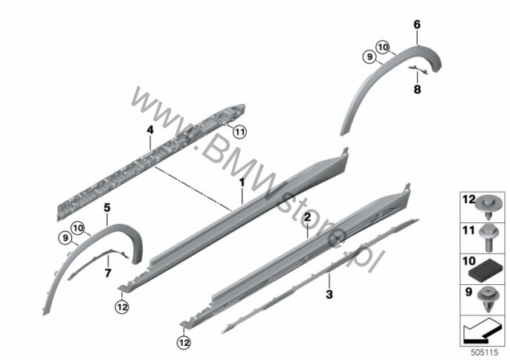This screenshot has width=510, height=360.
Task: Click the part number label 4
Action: click(150, 130)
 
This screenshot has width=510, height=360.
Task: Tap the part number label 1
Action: click(242, 183)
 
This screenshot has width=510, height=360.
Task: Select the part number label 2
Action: click(308, 217)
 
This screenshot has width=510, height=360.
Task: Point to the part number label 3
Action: click(329, 295)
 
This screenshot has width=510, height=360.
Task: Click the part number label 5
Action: click(107, 208)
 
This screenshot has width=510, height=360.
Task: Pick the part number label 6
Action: click(417, 25)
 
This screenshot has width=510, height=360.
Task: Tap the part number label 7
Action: click(108, 273)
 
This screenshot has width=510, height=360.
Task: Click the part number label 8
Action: click(417, 89)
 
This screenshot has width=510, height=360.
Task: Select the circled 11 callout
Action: click(239, 132)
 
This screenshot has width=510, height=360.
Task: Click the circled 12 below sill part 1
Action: click(122, 307)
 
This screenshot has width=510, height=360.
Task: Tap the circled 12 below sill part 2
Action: click(184, 342)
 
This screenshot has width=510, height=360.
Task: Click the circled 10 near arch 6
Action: click(383, 48)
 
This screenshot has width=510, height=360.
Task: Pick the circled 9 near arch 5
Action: click(65, 238)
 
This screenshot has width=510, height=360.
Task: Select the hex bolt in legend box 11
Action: click(487, 237)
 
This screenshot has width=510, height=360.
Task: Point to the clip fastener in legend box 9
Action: click(487, 300)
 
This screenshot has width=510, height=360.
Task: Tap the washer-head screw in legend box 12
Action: click(487, 207)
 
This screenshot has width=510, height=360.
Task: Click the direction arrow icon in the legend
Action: click(482, 331)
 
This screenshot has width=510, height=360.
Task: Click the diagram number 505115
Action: click(485, 352)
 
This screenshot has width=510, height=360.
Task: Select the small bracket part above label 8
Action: click(419, 69)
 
